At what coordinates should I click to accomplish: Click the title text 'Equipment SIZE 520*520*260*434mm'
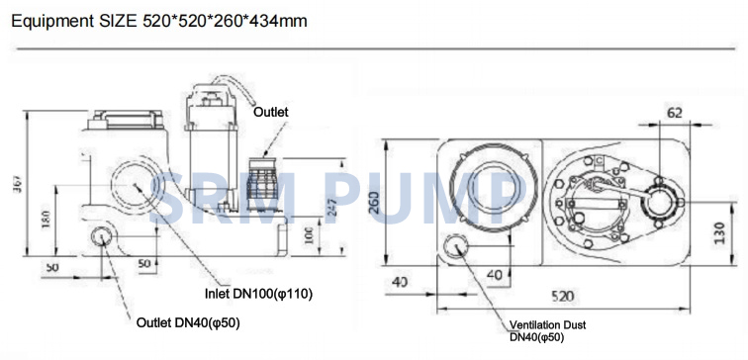tap(159, 22)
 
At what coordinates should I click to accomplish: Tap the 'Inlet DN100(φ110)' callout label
tap(258, 294)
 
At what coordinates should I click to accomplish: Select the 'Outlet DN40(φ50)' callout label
tap(188, 322)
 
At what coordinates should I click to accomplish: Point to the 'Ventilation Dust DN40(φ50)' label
tap(547, 331)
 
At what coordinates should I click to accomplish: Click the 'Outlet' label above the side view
tap(270, 112)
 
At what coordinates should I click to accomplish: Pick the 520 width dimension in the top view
tap(562, 297)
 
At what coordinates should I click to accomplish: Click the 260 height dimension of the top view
tap(373, 202)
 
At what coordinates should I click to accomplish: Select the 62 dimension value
tap(674, 113)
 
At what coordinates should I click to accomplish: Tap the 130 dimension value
tap(720, 232)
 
